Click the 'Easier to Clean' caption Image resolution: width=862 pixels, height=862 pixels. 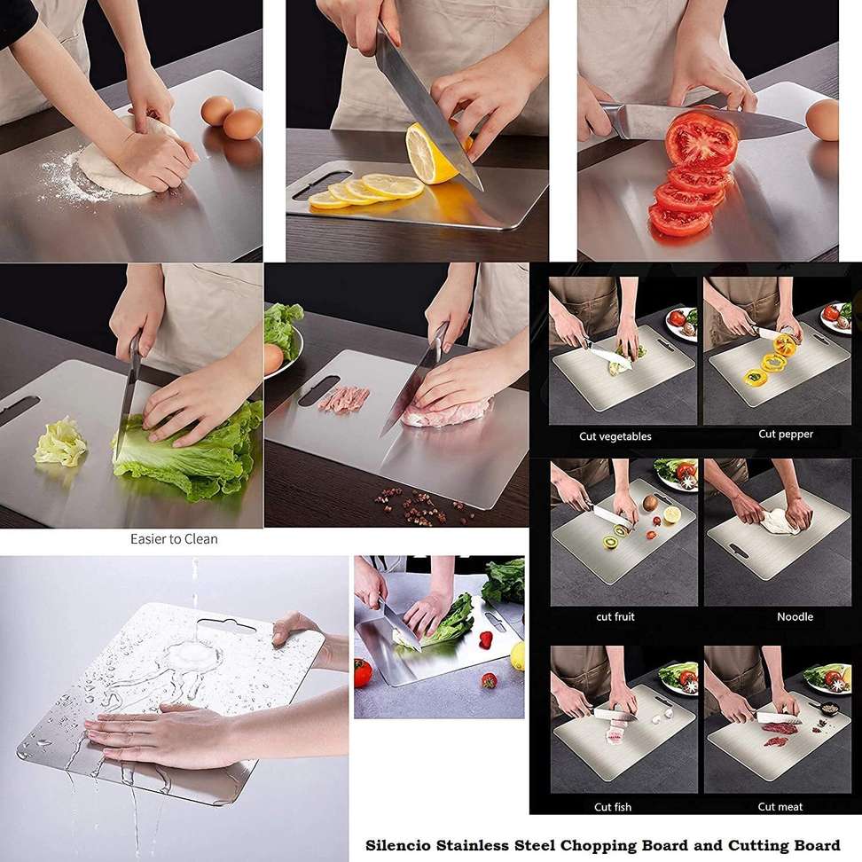point(174,539)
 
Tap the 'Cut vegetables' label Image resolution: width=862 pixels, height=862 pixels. point(615,436)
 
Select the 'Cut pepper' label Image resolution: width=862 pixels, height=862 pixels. point(786,434)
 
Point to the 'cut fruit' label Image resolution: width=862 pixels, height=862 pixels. point(615,617)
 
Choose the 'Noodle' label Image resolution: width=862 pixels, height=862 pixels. point(795,617)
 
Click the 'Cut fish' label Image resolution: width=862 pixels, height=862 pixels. point(613,807)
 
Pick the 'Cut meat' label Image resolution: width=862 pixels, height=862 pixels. point(780,807)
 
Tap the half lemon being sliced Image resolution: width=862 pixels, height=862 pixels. point(435,154)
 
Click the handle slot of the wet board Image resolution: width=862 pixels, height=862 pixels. point(226,625)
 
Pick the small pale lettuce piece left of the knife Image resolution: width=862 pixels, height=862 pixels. point(60,442)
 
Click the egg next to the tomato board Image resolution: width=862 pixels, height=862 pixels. point(822,120)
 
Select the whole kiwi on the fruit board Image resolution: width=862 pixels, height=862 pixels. point(651,503)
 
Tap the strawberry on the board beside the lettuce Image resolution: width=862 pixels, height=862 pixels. point(485,640)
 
